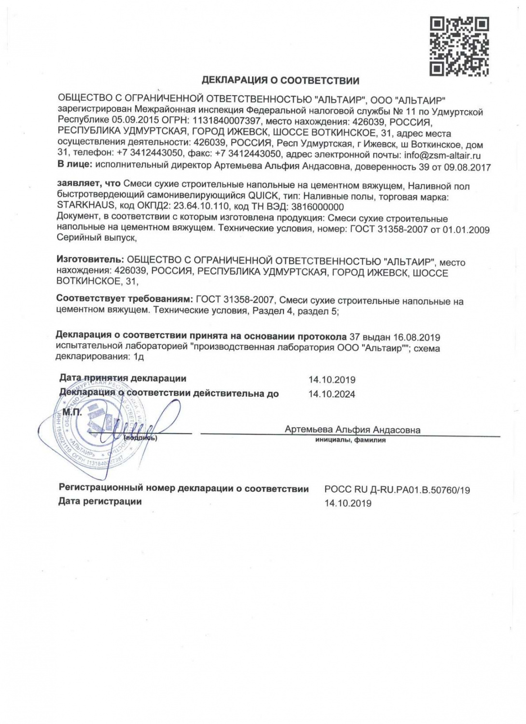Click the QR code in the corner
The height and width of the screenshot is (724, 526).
point(459,46)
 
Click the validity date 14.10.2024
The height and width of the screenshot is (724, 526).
point(332,394)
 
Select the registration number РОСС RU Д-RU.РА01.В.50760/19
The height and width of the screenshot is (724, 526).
point(397,490)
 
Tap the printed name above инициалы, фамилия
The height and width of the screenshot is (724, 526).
point(352,430)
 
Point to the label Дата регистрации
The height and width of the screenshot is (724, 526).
point(100,501)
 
